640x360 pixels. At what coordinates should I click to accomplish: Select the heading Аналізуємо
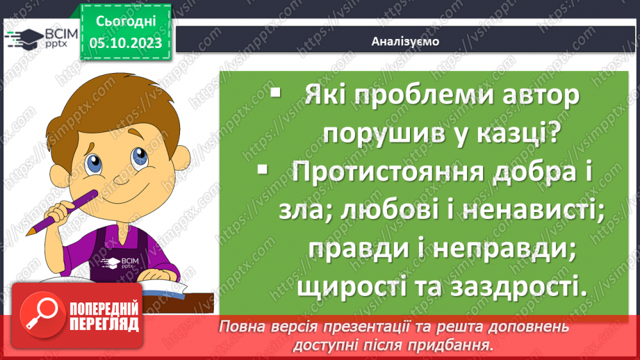[404, 41]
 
